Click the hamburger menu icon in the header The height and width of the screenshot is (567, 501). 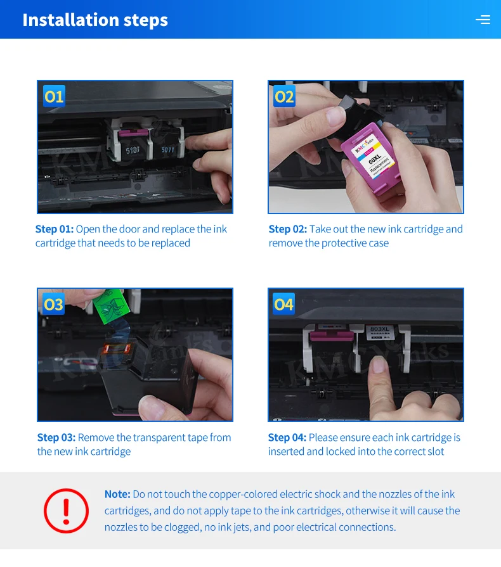point(483,20)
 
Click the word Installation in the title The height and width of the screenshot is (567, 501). point(71,20)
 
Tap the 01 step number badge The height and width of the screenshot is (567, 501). point(54,96)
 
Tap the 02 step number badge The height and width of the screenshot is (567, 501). point(284,96)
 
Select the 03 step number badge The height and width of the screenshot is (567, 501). point(53,304)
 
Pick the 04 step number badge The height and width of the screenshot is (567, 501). point(284,303)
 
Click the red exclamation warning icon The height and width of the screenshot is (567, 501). point(66,511)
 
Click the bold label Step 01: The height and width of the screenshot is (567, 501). point(55,229)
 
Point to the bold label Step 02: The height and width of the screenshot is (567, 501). point(288,229)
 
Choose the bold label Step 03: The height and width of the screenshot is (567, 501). point(56,438)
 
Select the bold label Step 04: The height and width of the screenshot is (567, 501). point(287,438)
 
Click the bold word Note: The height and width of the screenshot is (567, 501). point(117,494)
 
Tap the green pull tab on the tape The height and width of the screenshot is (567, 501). point(111,305)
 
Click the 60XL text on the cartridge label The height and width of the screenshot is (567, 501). point(375,159)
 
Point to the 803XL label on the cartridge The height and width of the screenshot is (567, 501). point(379,329)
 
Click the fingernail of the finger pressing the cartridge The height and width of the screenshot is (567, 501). point(378,364)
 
